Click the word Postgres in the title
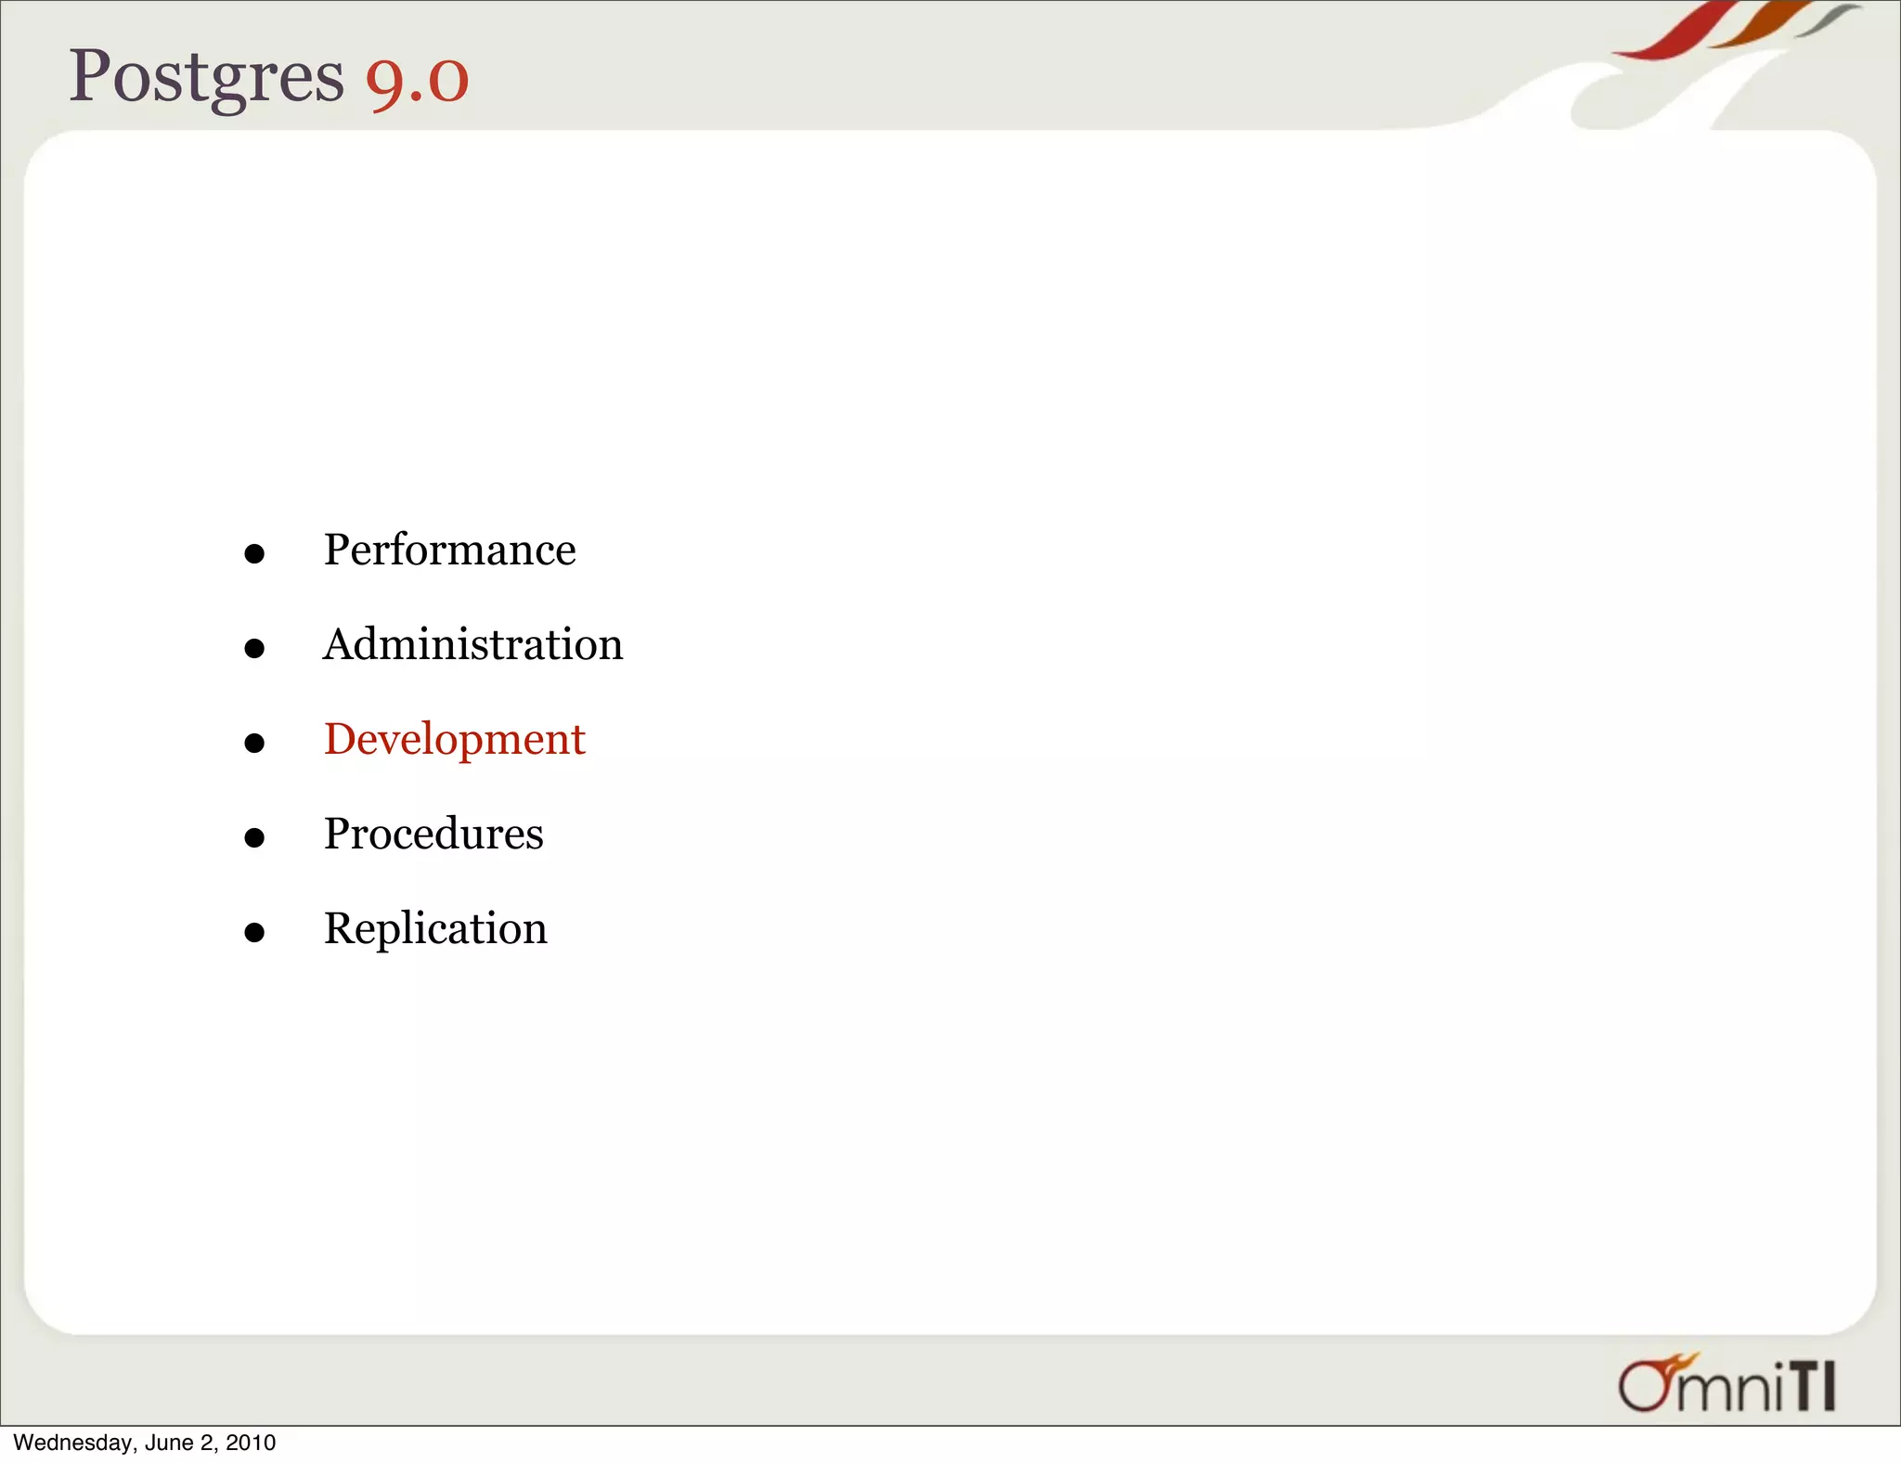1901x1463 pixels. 206,78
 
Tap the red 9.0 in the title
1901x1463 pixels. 417,80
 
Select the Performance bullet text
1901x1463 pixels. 449,550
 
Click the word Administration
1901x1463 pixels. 472,644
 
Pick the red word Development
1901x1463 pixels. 454,740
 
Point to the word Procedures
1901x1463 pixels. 433,834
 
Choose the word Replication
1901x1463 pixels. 435,928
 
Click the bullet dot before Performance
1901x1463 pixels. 254,554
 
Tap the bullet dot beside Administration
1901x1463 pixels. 254,648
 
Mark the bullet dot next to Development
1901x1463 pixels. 254,743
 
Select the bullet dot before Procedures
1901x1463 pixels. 254,837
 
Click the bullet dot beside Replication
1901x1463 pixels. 254,932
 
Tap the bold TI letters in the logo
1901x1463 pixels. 1812,1388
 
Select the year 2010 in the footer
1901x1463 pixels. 251,1443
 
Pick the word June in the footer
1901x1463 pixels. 169,1443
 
